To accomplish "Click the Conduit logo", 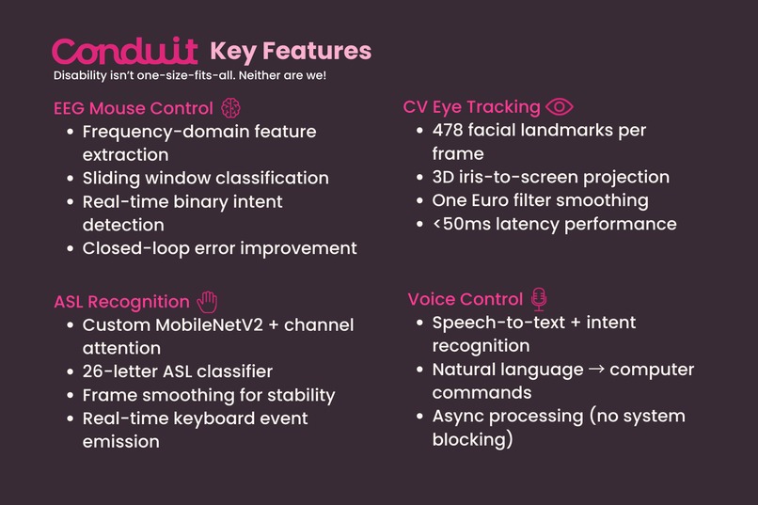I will click(125, 51).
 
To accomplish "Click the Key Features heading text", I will click(291, 51).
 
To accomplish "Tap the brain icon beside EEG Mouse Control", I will click(230, 107).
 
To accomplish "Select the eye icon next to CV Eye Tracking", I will click(560, 107).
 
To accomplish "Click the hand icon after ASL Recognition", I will click(207, 301).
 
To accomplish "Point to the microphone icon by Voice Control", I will click(539, 299).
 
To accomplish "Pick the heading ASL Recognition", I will click(121, 302).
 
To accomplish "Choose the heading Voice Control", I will click(465, 300).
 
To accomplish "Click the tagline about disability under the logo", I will click(190, 74).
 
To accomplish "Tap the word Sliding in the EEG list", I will click(112, 178).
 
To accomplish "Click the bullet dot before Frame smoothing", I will click(71, 395).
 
